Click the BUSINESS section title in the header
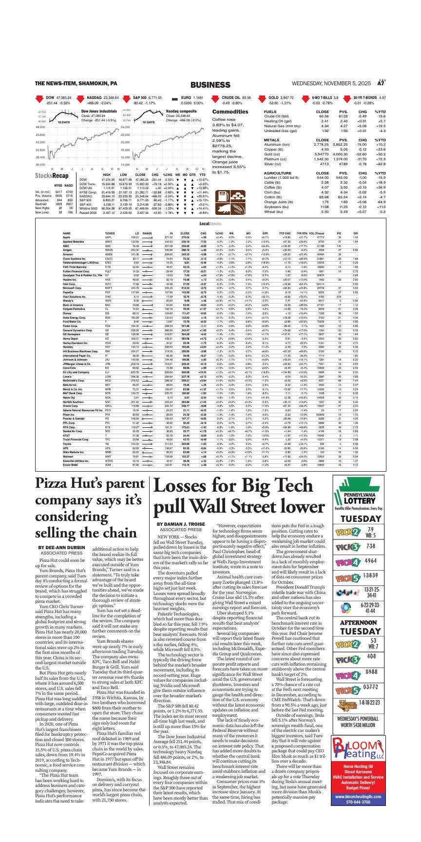coord(210,85)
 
